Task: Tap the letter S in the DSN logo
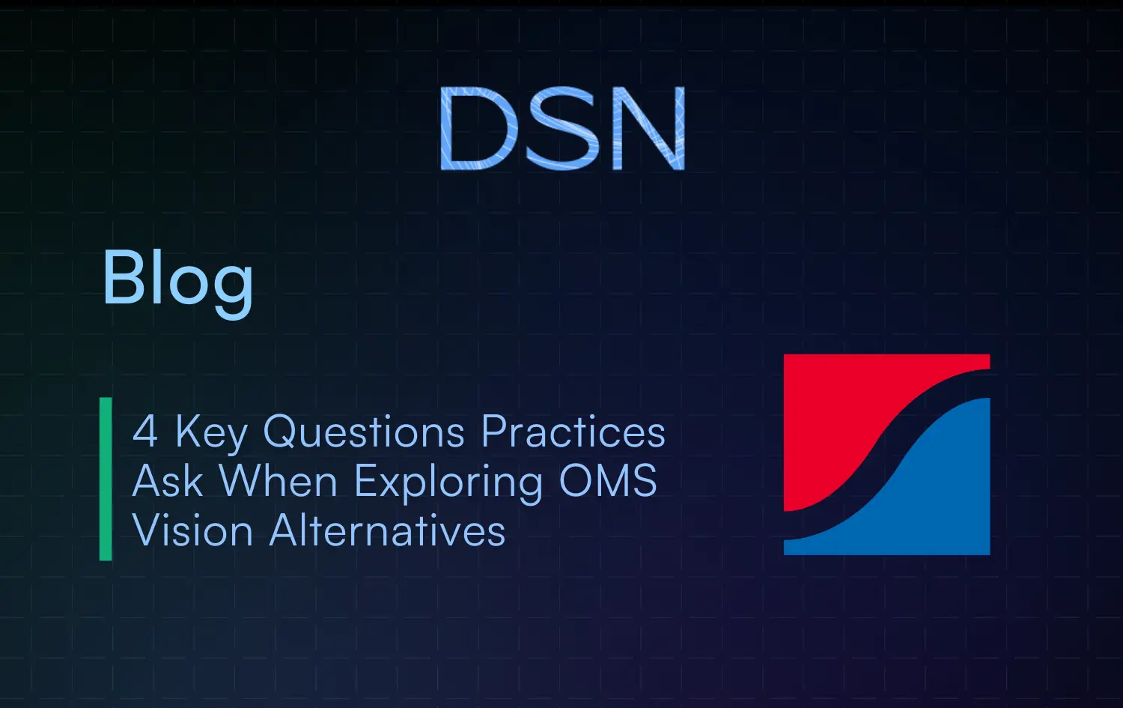pyautogui.click(x=562, y=129)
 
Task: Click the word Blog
pyautogui.click(x=177, y=279)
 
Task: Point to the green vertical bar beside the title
pyautogui.click(x=106, y=479)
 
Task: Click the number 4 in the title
pyautogui.click(x=145, y=432)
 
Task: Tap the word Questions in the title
pyautogui.click(x=365, y=432)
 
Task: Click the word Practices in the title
pyautogui.click(x=573, y=432)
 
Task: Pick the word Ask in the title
pyautogui.click(x=168, y=481)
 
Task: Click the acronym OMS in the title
pyautogui.click(x=608, y=481)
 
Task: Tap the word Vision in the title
pyautogui.click(x=193, y=531)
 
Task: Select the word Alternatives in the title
pyautogui.click(x=387, y=531)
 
